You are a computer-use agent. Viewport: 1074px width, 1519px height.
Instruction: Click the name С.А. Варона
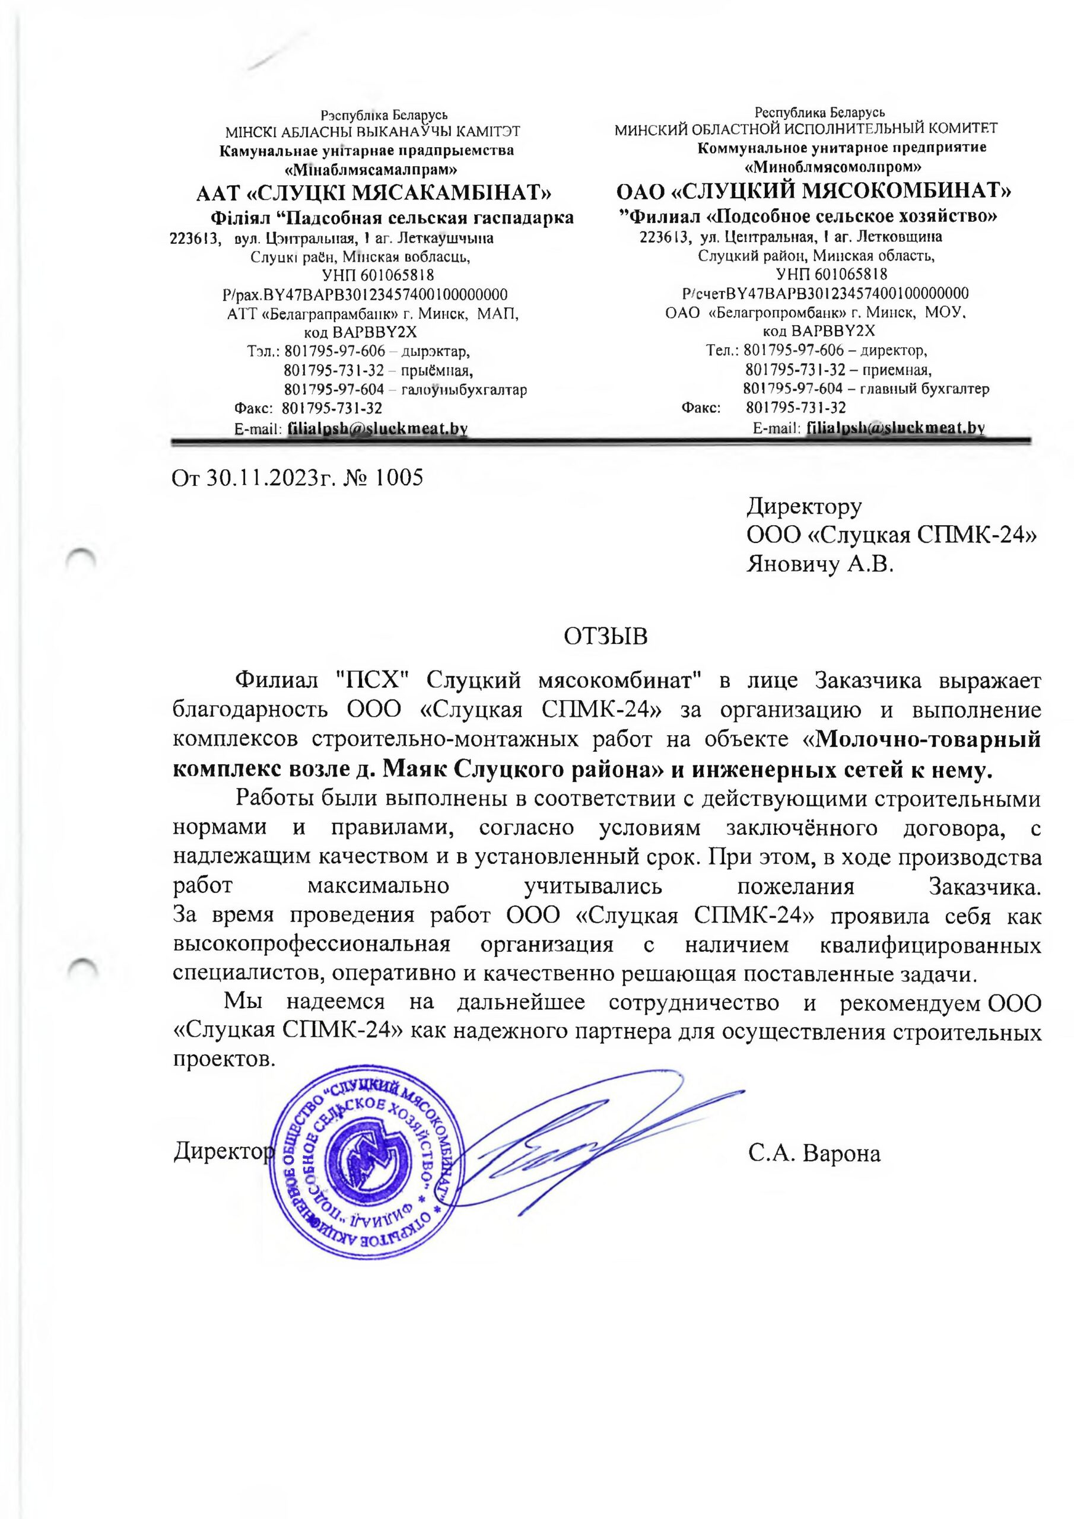[815, 1155]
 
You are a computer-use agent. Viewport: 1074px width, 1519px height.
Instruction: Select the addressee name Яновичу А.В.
[820, 564]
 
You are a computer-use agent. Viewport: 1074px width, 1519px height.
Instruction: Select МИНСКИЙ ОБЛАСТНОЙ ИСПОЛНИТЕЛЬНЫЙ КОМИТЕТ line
[806, 129]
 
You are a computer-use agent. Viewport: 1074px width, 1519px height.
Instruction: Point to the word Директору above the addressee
[804, 507]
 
